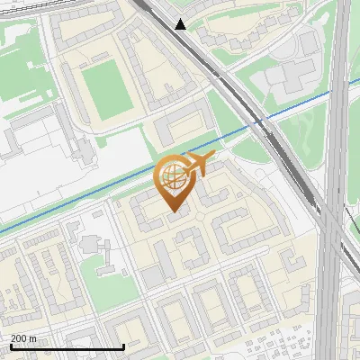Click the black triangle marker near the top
[x=181, y=23]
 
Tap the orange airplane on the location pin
[x=200, y=164]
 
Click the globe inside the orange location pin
[x=173, y=176]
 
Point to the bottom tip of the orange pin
[x=174, y=212]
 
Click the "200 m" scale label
[x=24, y=337]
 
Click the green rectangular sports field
[x=106, y=84]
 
